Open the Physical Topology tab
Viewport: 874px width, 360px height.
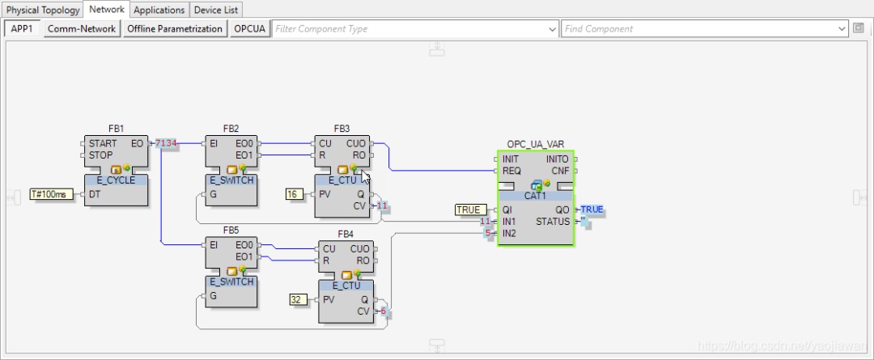click(x=42, y=10)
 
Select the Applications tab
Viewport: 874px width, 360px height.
click(x=159, y=10)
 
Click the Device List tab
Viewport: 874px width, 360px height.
click(x=216, y=10)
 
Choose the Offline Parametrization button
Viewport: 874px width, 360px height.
click(x=175, y=28)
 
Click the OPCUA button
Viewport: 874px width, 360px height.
click(x=250, y=28)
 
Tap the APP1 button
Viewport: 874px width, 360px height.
click(x=21, y=28)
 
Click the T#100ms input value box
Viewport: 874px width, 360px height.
click(x=51, y=194)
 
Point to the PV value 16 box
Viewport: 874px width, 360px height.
click(x=294, y=194)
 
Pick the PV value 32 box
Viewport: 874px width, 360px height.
click(x=297, y=300)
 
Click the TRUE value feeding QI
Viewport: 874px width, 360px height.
click(x=469, y=210)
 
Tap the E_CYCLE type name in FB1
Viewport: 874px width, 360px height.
click(x=116, y=180)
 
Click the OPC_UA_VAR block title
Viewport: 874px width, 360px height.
click(x=535, y=144)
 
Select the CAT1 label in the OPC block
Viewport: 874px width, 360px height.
click(x=535, y=195)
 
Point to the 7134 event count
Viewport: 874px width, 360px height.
click(x=166, y=143)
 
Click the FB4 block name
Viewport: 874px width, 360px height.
click(x=346, y=235)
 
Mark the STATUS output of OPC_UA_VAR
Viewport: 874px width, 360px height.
click(x=553, y=222)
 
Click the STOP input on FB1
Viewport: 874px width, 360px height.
click(x=101, y=155)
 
